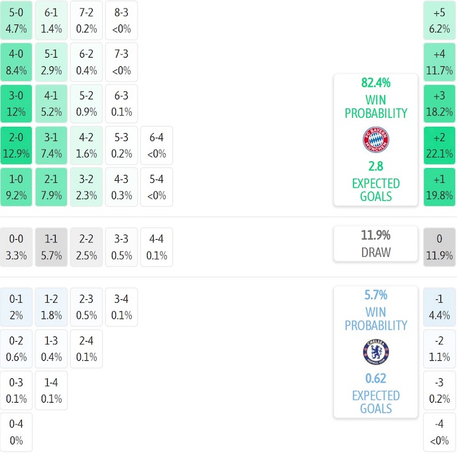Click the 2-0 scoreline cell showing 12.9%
pyautogui.click(x=16, y=145)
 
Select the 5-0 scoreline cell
pyautogui.click(x=16, y=21)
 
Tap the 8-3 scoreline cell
pyautogui.click(x=122, y=21)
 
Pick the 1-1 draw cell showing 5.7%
pyautogui.click(x=51, y=247)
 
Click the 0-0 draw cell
pyautogui.click(x=16, y=247)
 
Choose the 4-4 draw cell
pyautogui.click(x=157, y=247)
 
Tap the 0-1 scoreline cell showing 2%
pyautogui.click(x=16, y=307)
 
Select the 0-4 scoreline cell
pyautogui.click(x=16, y=432)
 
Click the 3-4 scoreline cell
pyautogui.click(x=122, y=307)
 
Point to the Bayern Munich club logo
pyautogui.click(x=376, y=140)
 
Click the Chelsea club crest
pyautogui.click(x=376, y=352)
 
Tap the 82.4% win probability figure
pyautogui.click(x=376, y=83)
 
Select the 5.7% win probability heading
pyautogui.click(x=376, y=295)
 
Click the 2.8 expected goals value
pyautogui.click(x=376, y=166)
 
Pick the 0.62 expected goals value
pyautogui.click(x=376, y=379)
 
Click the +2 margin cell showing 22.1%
pyautogui.click(x=440, y=145)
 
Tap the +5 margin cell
pyautogui.click(x=440, y=21)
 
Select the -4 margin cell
pyautogui.click(x=440, y=432)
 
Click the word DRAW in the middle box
pyautogui.click(x=376, y=252)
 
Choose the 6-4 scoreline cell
pyautogui.click(x=157, y=145)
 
